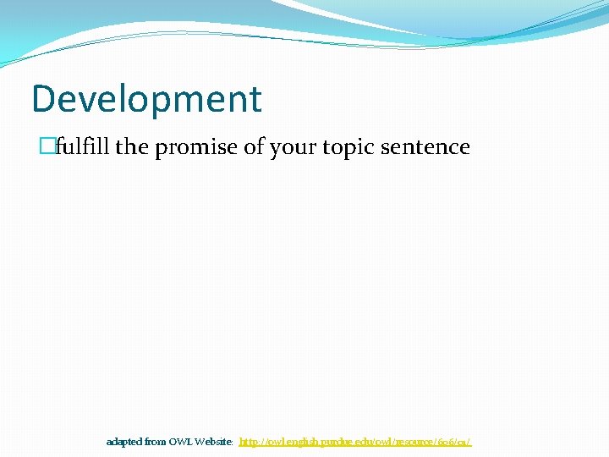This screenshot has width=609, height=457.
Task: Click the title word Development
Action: coord(146,99)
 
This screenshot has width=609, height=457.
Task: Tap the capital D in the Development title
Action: coord(42,99)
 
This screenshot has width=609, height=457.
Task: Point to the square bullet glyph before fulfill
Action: coord(48,147)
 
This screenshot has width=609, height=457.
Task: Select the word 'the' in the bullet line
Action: coord(131,147)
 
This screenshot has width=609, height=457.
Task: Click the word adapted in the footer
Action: coord(123,442)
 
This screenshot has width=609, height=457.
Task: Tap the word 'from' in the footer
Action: coord(155,442)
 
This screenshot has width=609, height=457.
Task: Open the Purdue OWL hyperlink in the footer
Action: coord(355,442)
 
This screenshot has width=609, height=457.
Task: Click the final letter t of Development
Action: coord(255,99)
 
